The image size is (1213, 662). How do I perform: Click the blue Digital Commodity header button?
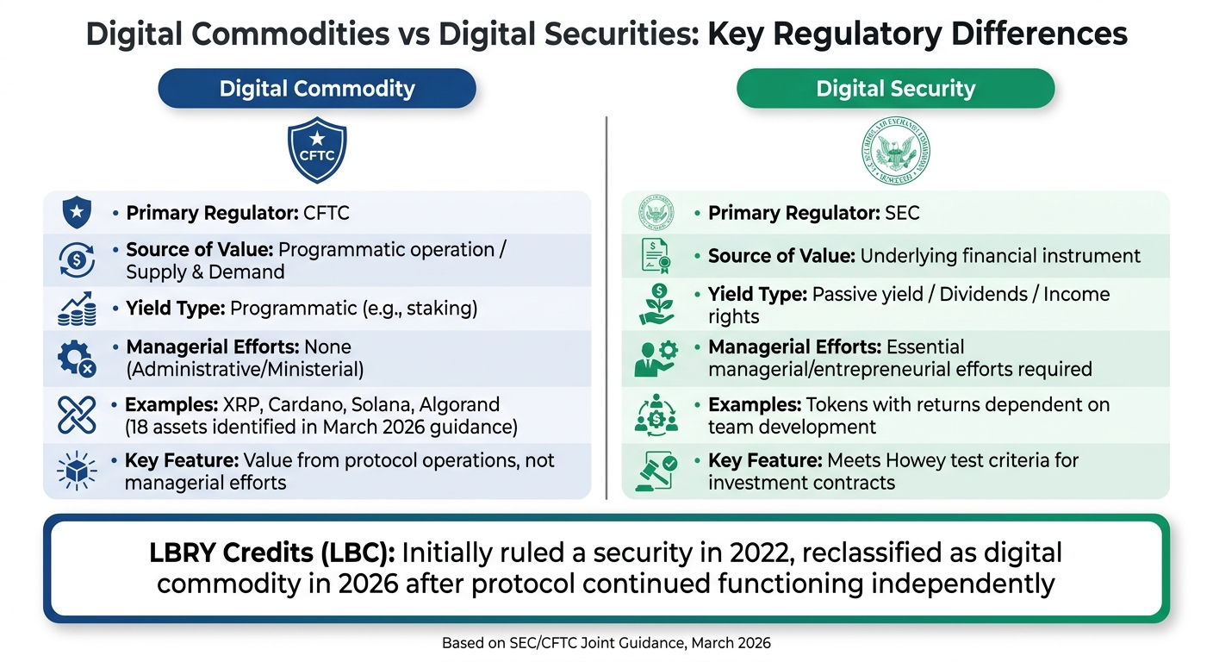tap(317, 89)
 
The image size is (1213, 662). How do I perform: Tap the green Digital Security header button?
tap(895, 89)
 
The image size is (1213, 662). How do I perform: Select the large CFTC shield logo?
tap(317, 151)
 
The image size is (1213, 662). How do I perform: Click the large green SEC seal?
tap(896, 151)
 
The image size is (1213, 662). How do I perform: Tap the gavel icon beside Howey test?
tap(656, 471)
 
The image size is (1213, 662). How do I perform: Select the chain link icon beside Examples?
tap(77, 415)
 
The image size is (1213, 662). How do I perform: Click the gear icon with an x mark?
tap(77, 359)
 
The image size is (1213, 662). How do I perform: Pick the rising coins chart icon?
tap(77, 308)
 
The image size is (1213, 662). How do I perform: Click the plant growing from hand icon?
tap(656, 305)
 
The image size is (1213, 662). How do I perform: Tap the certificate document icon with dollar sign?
tap(656, 256)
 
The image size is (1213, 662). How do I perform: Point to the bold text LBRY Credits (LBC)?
tap(271, 553)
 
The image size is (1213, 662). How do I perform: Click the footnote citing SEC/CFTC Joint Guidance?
tap(606, 643)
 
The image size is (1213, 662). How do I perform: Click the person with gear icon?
tap(656, 359)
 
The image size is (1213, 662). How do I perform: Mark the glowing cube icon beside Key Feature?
tap(77, 471)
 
